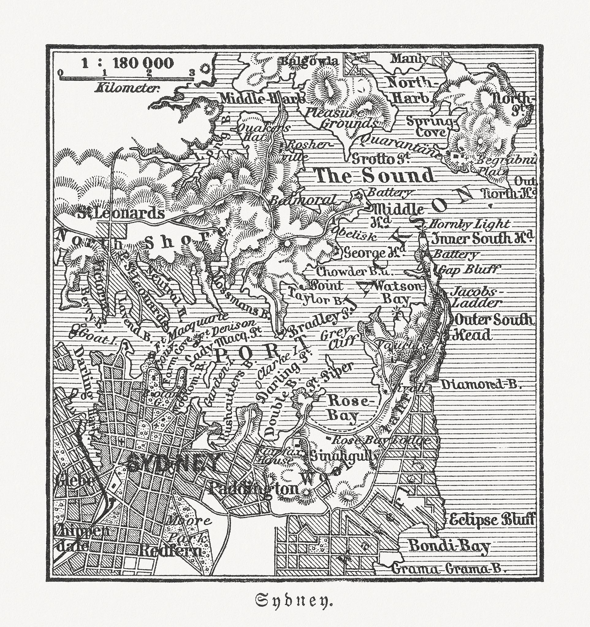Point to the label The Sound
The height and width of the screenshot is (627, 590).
tap(375, 176)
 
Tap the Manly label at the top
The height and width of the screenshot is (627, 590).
tap(410, 58)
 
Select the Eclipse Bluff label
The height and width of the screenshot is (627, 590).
tap(492, 520)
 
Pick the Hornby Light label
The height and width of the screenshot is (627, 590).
tap(470, 224)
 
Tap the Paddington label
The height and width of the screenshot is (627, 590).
tap(253, 489)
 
